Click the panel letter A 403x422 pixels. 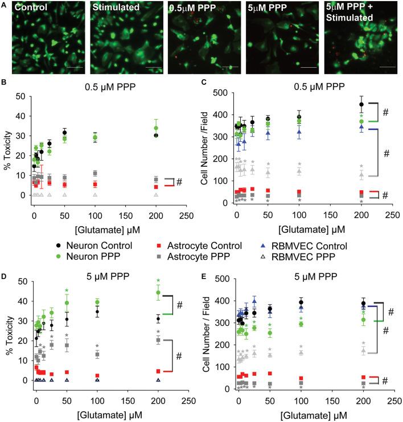tap(5, 5)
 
